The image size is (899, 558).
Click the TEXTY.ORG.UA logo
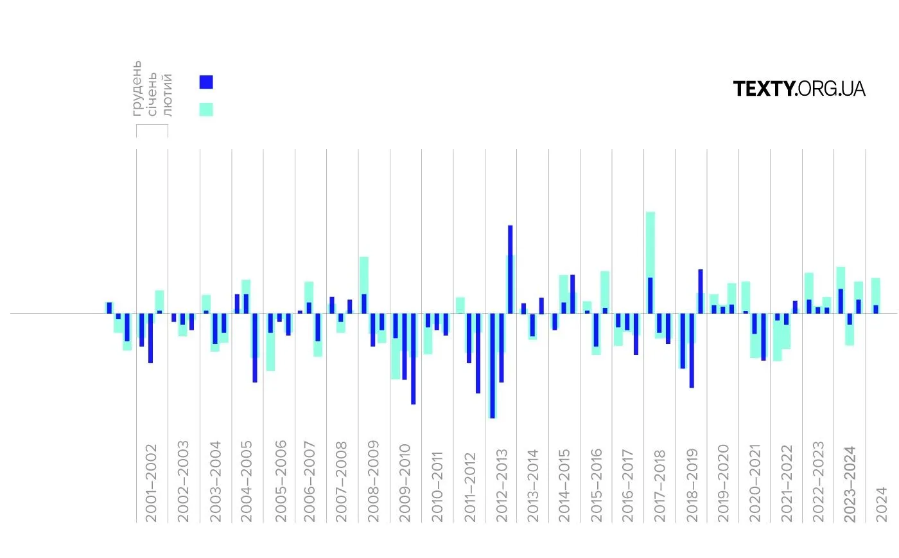click(799, 89)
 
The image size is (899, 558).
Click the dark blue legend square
click(206, 82)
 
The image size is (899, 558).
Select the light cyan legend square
click(206, 109)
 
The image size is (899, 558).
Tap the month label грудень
click(137, 88)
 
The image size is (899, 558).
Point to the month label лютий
click(168, 94)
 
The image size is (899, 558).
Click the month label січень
click(152, 93)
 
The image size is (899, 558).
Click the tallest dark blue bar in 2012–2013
click(511, 269)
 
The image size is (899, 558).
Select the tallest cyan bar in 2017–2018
click(650, 244)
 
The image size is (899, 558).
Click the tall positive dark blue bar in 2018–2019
click(701, 291)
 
